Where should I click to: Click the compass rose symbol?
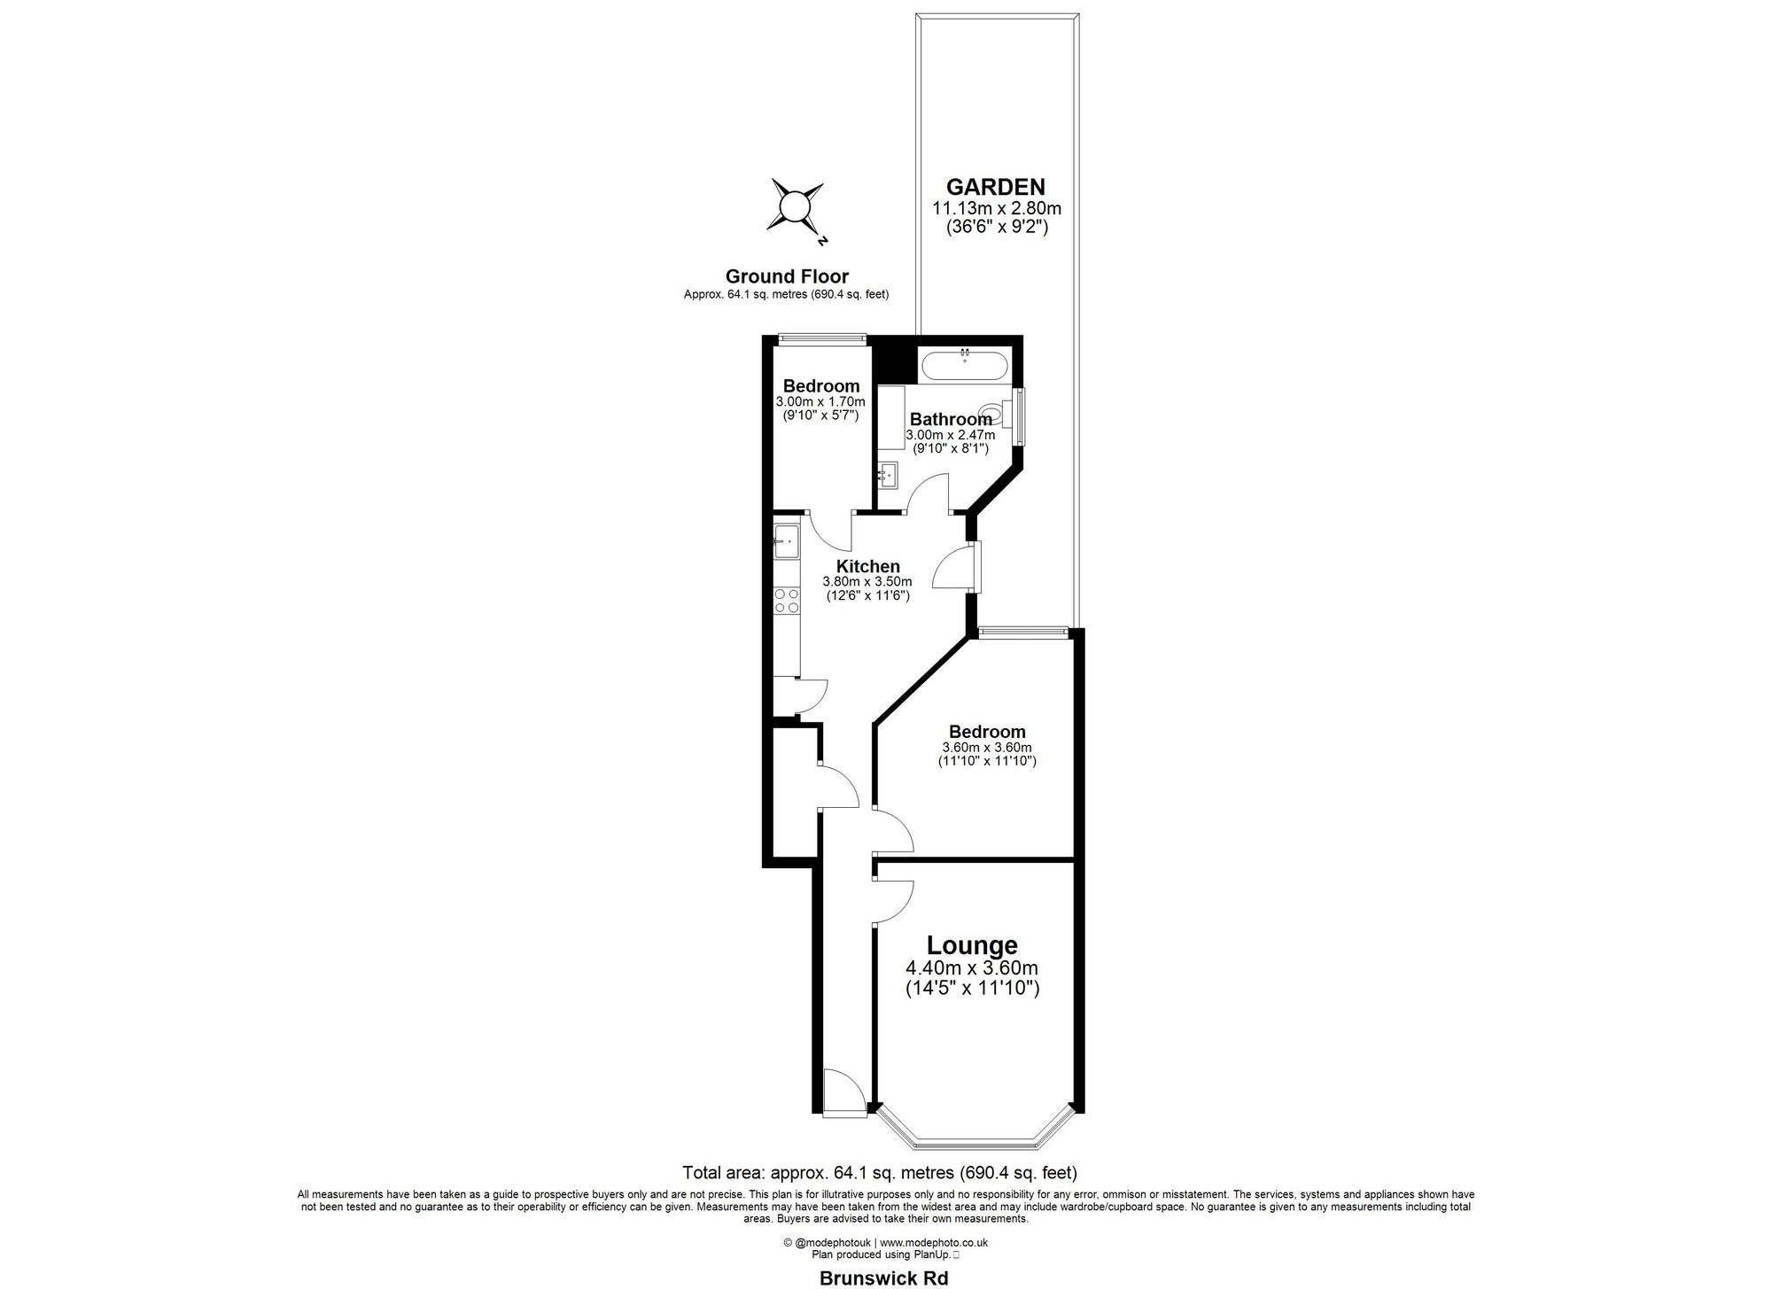click(175, 209)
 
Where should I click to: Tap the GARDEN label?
click(995, 187)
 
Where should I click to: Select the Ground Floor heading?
click(787, 276)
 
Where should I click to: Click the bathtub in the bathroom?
click(964, 366)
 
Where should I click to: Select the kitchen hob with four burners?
click(166, 601)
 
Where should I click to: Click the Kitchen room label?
click(868, 567)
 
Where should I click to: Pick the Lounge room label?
click(972, 945)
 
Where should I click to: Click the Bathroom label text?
click(950, 419)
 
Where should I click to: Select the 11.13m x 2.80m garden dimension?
click(996, 209)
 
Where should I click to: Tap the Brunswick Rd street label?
click(882, 1277)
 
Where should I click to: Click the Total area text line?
click(879, 1173)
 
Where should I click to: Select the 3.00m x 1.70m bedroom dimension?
click(820, 401)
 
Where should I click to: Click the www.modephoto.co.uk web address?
click(934, 1242)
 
